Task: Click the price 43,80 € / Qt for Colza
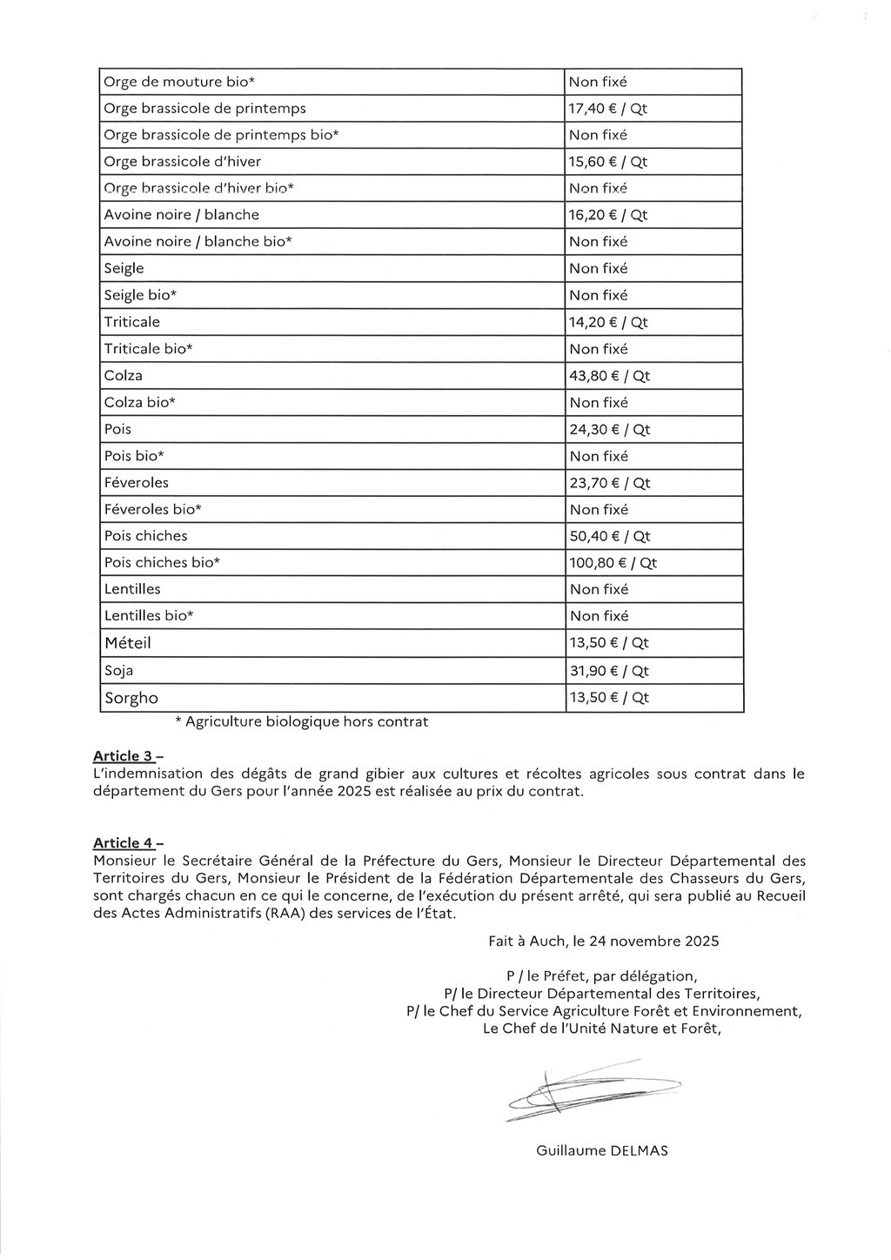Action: click(609, 376)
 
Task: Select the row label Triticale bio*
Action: click(148, 349)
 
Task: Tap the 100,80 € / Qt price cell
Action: click(613, 563)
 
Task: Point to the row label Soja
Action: click(118, 671)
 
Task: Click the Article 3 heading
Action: click(127, 756)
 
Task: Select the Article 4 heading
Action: click(127, 842)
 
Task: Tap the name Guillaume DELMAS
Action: click(602, 1150)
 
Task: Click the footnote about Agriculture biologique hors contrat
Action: click(301, 721)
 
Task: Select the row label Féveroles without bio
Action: click(137, 483)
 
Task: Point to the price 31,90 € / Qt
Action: click(609, 671)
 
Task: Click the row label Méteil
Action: click(128, 643)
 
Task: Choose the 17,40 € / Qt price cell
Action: click(608, 109)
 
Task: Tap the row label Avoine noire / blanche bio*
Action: click(198, 242)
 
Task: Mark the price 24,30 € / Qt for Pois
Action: click(609, 430)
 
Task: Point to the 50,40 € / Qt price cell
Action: click(609, 536)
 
